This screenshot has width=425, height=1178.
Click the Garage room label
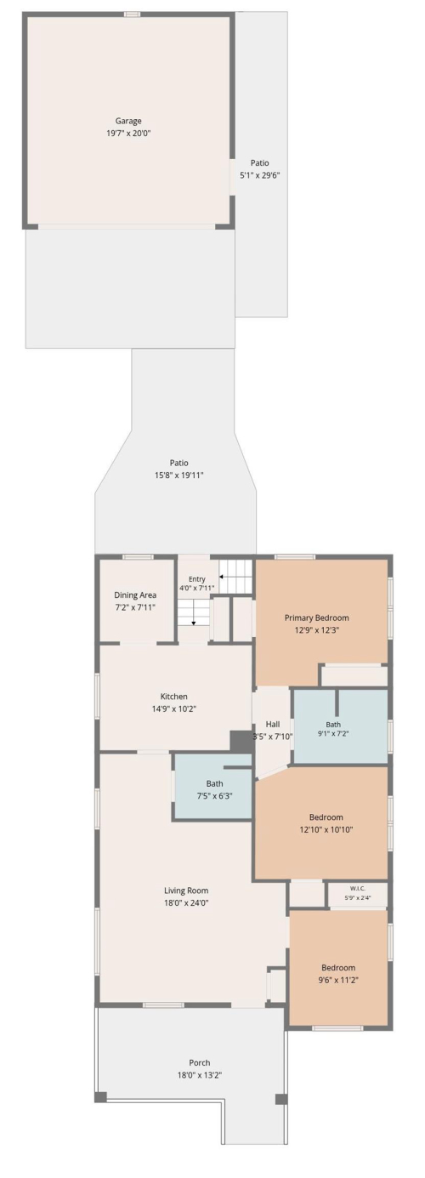tap(128, 121)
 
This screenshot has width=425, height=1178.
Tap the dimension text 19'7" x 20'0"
tap(128, 134)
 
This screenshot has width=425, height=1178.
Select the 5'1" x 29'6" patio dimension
tap(259, 176)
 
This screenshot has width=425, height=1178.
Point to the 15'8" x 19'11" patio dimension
tap(178, 475)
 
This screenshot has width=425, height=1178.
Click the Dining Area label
tap(135, 595)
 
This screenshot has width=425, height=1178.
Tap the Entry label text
tap(197, 579)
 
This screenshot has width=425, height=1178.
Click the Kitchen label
tap(174, 697)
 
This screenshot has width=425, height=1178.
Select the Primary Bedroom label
tap(317, 617)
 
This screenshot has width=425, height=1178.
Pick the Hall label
tap(273, 724)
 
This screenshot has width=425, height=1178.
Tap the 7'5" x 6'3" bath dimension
tap(214, 796)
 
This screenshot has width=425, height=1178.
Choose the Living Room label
tap(186, 891)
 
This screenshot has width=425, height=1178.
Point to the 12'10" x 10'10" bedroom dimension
tap(326, 830)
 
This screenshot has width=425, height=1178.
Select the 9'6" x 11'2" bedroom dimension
tap(338, 981)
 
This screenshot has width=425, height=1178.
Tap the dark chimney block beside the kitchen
tap(241, 743)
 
